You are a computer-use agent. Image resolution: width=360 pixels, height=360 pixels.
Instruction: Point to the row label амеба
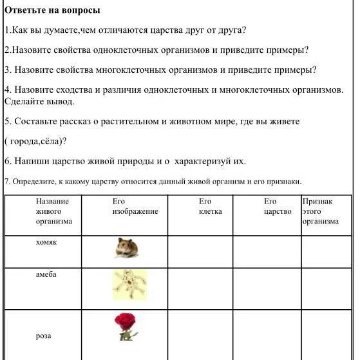point(46,274)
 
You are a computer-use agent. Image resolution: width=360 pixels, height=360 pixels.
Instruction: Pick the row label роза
point(43,336)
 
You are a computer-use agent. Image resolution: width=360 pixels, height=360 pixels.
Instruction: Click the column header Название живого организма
point(53,211)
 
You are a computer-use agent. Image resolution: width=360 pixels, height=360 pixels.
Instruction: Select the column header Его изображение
point(135,207)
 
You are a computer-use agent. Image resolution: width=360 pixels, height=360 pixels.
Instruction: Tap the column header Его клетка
point(210,207)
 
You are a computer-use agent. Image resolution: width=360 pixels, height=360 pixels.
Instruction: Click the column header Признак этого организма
point(321,211)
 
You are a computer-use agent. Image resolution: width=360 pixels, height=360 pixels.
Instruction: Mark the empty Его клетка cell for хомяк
point(200,251)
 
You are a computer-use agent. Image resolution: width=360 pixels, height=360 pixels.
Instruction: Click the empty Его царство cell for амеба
point(267,289)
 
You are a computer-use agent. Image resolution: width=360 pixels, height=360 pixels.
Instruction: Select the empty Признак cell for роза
point(326,335)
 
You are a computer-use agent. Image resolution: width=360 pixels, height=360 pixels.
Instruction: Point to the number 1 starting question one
point(6,30)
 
